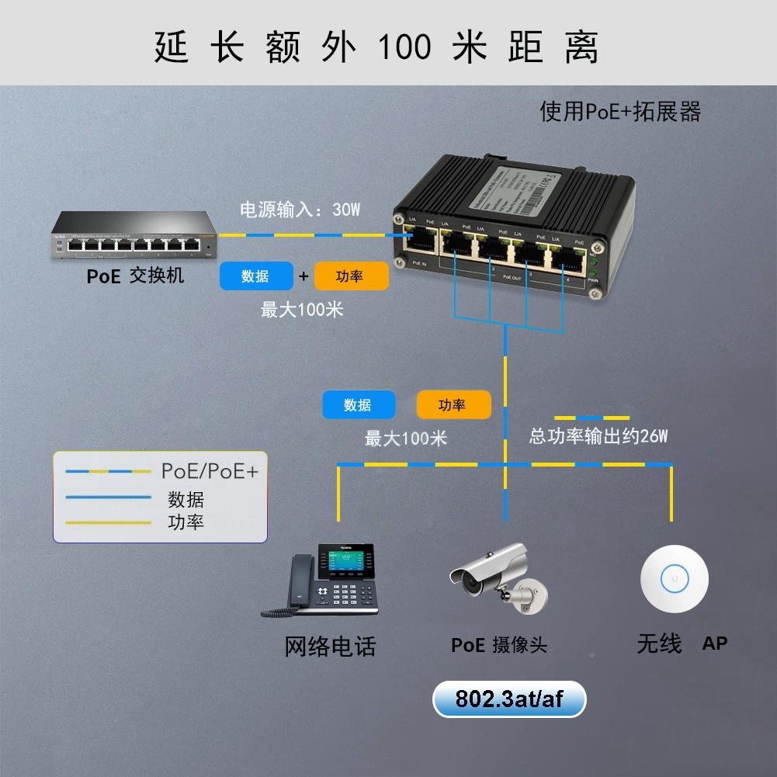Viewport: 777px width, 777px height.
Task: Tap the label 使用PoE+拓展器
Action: coord(620,112)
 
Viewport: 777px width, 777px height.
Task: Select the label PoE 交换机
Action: coord(135,276)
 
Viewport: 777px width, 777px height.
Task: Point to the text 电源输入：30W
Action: coord(300,210)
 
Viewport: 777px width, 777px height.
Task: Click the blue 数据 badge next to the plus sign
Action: coord(256,276)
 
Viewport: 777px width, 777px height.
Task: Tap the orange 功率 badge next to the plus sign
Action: coord(351,276)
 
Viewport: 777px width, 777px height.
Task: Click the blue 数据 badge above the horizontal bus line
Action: coord(359,405)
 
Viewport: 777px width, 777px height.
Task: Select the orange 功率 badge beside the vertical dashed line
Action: coord(453,405)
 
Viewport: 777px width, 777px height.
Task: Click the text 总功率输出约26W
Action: coord(598,436)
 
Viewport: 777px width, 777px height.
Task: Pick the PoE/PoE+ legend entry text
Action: coord(210,470)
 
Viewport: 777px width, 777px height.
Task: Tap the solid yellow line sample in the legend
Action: coord(108,522)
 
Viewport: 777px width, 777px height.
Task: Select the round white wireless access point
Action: coord(674,578)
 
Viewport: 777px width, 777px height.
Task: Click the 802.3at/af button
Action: coord(509,700)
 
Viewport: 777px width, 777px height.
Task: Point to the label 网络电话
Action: coord(331,646)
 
